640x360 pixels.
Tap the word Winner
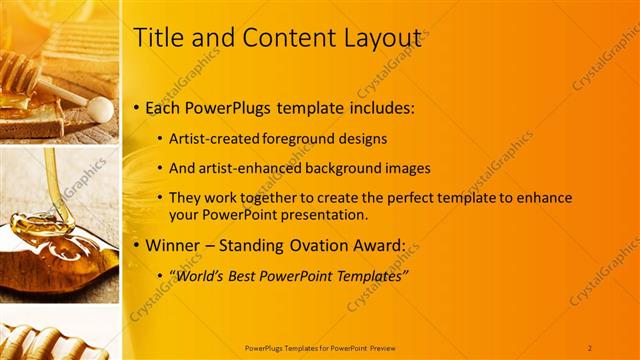click(x=176, y=245)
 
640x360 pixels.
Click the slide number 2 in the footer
click(x=590, y=347)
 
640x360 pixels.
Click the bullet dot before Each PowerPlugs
click(x=137, y=107)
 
